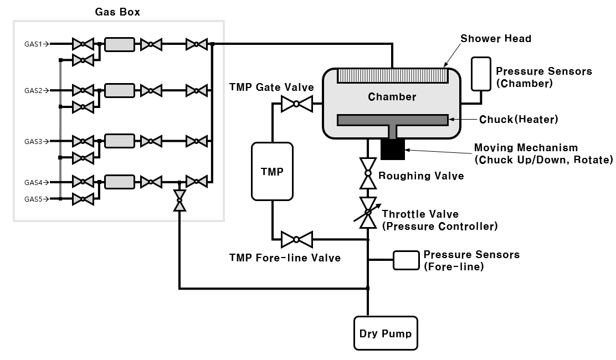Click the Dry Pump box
[386, 333]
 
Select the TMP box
[272, 171]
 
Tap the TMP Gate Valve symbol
[296, 104]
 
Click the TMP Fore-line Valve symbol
[296, 239]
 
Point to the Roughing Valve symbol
[367, 173]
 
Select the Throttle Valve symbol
[367, 213]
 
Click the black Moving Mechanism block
[393, 149]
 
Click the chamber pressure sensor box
[480, 73]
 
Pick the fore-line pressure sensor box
[406, 260]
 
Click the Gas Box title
[117, 12]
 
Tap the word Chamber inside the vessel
[392, 97]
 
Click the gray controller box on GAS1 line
[119, 44]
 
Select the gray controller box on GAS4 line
[119, 182]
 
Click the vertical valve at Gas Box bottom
[179, 200]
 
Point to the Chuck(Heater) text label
[518, 119]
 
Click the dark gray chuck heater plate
[392, 120]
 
